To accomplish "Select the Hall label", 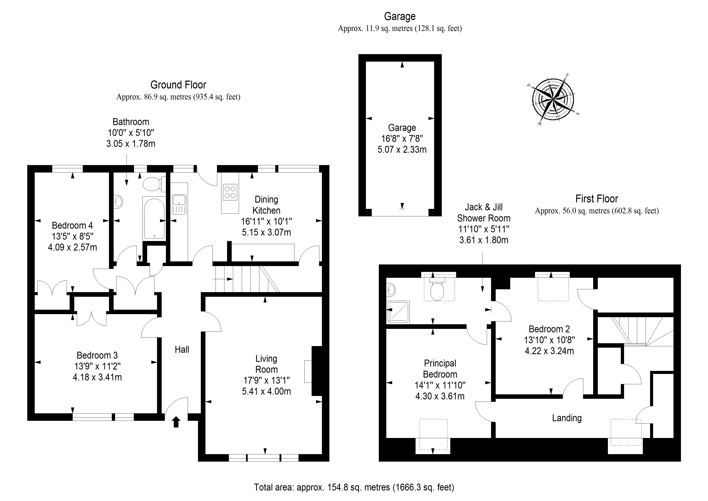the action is coord(182,349).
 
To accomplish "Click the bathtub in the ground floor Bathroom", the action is coord(154,218).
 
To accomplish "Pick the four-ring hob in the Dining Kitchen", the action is coord(230,192).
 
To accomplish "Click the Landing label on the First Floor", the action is coord(567,418).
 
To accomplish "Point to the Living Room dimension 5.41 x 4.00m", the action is coord(266,392).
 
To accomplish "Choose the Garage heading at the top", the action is coord(400,16).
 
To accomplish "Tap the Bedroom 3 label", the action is coord(97,355).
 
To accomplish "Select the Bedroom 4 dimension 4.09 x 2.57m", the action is coord(72,247).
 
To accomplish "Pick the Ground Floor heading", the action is coord(178,85).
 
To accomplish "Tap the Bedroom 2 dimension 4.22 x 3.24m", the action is coord(549,351).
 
